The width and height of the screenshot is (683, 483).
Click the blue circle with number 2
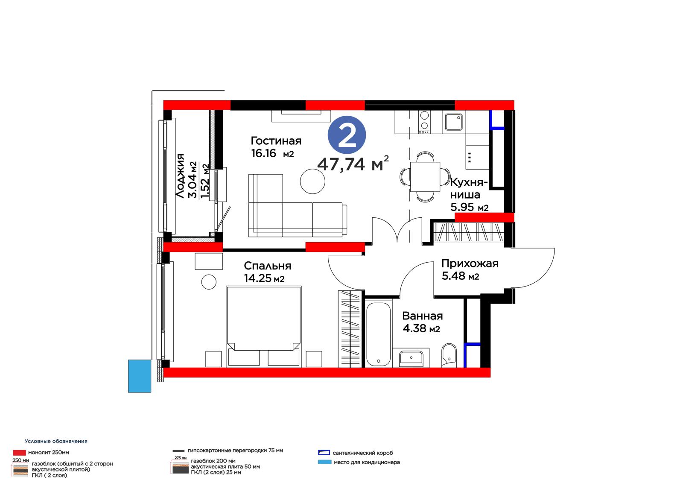point(347,135)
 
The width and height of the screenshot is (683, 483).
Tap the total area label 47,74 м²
point(353,164)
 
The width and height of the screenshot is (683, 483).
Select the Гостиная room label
point(276,141)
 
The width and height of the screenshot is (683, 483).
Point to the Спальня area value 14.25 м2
point(264,278)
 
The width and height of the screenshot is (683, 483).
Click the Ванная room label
point(423,316)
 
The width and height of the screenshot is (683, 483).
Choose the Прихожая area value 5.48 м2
point(461,276)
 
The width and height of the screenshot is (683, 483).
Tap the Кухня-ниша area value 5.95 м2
point(470,208)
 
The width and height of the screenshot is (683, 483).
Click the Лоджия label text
point(180,176)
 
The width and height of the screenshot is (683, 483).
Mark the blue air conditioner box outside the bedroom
point(140,376)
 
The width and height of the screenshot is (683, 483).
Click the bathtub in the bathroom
point(378,334)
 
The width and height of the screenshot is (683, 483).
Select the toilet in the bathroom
point(449,355)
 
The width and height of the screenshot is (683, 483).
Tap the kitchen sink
point(454,122)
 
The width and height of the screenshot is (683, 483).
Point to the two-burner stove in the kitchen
point(424,122)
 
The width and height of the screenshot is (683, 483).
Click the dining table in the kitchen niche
point(425,177)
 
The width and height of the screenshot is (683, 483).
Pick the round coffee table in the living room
point(312,181)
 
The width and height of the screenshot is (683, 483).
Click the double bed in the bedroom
point(264,326)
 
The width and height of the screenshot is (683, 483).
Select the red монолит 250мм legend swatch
point(19,453)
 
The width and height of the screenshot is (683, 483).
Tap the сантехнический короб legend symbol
point(324,453)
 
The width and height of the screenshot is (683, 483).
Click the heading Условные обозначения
point(56,441)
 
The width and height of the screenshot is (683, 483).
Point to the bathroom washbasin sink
point(411,357)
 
